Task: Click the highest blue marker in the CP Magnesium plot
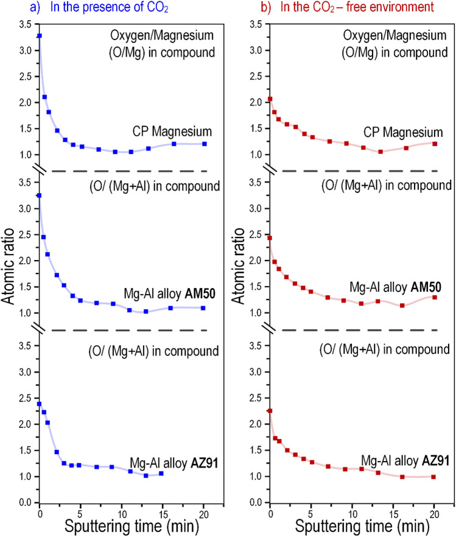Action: point(40,36)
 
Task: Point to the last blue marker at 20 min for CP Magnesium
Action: point(205,144)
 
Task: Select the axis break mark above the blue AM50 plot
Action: point(40,171)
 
